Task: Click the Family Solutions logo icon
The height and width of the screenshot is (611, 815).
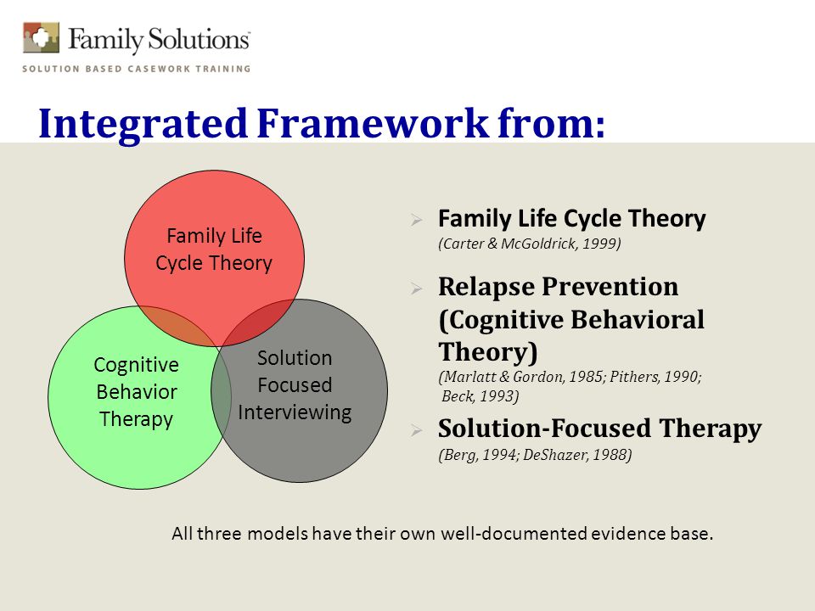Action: point(41,37)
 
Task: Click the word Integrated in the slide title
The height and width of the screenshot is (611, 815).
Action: point(143,124)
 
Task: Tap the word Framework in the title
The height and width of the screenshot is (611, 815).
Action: point(373,123)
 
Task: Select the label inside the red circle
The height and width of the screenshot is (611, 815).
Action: point(214,249)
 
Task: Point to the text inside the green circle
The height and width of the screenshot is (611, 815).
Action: point(136,392)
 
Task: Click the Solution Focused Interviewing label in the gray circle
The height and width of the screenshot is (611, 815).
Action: point(295,385)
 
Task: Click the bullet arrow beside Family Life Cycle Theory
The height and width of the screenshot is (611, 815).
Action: point(416,220)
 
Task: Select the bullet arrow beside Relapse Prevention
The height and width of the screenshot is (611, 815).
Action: point(416,289)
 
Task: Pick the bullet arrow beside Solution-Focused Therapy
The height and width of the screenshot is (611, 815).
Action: point(416,430)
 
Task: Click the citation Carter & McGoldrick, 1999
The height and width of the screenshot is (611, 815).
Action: point(530,244)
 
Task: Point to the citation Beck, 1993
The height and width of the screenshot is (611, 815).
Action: point(480,396)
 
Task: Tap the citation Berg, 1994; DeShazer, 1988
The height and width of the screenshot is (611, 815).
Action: point(536,455)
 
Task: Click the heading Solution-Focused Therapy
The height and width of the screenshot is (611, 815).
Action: point(600,429)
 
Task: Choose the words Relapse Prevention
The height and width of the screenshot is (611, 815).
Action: point(559,287)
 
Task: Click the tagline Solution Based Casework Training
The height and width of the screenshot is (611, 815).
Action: point(136,69)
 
